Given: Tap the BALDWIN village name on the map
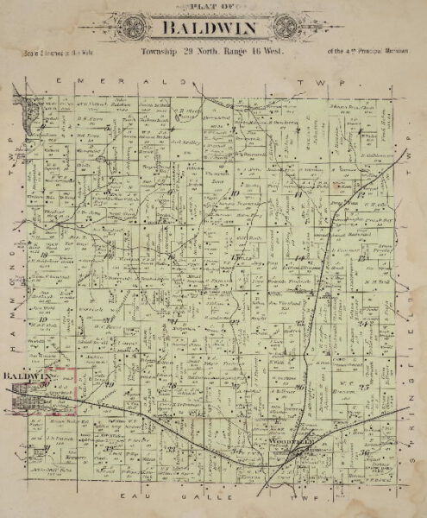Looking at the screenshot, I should (28, 376).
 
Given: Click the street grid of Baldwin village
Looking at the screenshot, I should (39, 399).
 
